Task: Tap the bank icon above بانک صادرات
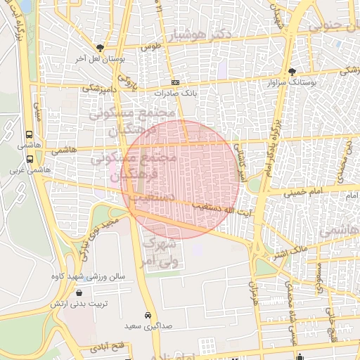point(175,82)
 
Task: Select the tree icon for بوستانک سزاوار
point(292,72)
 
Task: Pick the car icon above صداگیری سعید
point(148,315)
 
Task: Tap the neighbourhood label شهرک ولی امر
point(161,253)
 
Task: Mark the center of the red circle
point(181,179)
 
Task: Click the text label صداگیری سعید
point(148,326)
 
